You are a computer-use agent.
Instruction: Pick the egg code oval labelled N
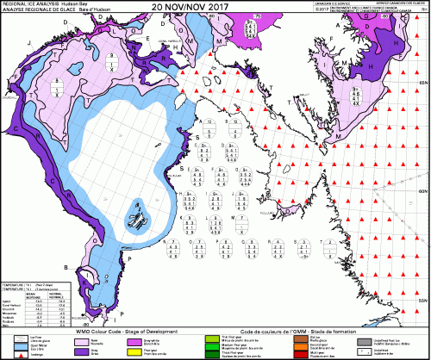pos(172,249)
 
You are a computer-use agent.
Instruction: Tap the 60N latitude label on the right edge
pos(422,189)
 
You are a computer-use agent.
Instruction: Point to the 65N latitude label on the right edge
pos(422,80)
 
